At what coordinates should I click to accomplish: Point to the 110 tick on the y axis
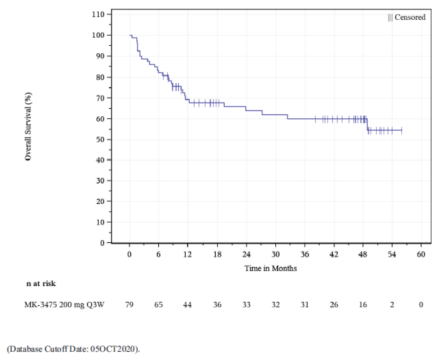[98, 14]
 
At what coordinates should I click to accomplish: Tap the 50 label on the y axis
[100, 139]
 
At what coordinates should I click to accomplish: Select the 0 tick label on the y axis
[102, 243]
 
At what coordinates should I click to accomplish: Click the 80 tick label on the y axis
[100, 77]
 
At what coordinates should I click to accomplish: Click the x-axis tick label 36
[305, 254]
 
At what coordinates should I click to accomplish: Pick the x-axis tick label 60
[421, 254]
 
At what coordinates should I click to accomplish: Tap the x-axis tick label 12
[187, 254]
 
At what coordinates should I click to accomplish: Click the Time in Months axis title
[270, 269]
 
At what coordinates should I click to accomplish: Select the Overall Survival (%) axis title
[28, 126]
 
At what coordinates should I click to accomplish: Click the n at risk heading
[41, 284]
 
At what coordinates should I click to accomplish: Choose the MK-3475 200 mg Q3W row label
[64, 305]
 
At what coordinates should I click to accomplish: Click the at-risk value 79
[129, 305]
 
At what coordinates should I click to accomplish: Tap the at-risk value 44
[187, 305]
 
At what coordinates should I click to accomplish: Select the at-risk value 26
[334, 305]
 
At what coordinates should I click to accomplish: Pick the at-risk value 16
[363, 305]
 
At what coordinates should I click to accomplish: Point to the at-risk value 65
[158, 305]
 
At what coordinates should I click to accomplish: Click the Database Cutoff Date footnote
[73, 349]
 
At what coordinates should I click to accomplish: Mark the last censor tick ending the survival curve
[402, 131]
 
